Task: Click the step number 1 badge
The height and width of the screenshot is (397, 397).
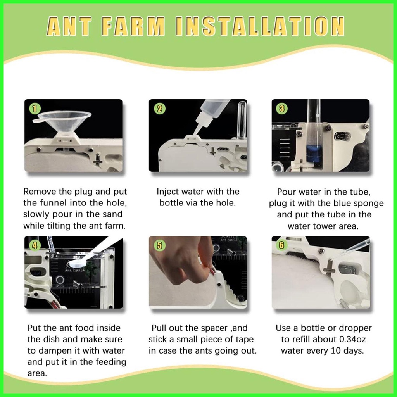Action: [x=35, y=109]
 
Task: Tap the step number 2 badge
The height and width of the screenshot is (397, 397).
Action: [x=159, y=109]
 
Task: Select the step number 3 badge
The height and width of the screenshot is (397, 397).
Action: [x=282, y=109]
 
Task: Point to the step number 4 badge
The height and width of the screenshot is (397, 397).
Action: [x=35, y=245]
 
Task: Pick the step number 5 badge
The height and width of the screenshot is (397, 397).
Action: [x=159, y=245]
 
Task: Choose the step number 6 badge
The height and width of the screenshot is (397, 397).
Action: [x=281, y=245]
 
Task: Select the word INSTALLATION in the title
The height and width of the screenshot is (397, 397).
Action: [x=260, y=26]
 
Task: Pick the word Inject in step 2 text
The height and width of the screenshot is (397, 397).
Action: [x=168, y=192]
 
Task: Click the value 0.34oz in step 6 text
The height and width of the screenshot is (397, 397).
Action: [x=352, y=339]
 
